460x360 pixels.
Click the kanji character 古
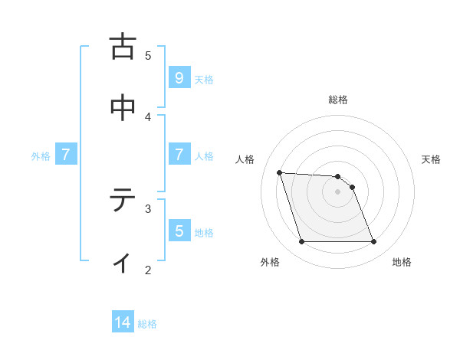(123, 47)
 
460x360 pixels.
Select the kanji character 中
(123, 108)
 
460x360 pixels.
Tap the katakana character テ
(123, 200)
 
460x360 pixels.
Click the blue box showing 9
(179, 77)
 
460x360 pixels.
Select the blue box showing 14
(123, 322)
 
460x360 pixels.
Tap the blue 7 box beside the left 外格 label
(66, 155)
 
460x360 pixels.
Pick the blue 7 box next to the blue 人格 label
(179, 155)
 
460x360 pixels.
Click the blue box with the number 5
(179, 231)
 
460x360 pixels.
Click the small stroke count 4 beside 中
(149, 116)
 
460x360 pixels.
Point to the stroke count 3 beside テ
(149, 208)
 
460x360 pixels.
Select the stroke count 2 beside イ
(149, 270)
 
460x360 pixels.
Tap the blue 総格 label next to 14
(147, 324)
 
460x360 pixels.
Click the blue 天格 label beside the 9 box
(204, 79)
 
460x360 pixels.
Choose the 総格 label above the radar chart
(338, 100)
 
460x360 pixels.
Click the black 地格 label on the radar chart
(402, 262)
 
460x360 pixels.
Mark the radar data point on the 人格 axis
(280, 172)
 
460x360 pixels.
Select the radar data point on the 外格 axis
(301, 242)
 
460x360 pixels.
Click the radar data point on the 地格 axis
(373, 242)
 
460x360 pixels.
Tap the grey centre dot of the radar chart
(338, 191)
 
